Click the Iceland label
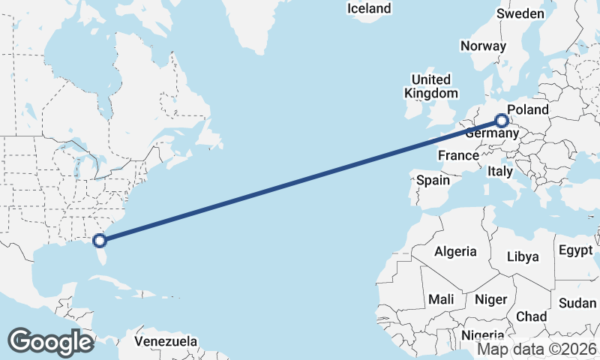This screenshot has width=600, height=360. point(369,8)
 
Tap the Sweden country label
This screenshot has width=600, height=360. point(520,13)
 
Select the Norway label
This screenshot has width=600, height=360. point(483,46)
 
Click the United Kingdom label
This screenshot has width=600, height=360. point(430,86)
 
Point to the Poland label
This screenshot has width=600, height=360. point(528,110)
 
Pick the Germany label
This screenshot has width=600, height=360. point(491,133)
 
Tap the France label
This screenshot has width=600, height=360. point(458,155)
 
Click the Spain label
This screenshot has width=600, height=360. point(433,180)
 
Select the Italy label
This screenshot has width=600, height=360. point(499,172)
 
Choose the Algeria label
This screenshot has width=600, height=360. point(455,250)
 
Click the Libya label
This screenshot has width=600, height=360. point(523,256)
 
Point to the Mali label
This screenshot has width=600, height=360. point(441,299)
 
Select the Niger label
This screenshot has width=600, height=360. point(491,299)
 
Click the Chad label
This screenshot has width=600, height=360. point(531,316)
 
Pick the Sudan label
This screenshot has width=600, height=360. point(577,303)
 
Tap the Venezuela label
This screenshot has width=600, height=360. point(166,341)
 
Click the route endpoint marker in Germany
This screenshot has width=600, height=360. point(502,120)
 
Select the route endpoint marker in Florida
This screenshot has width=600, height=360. point(99,240)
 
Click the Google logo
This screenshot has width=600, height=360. point(50,341)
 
